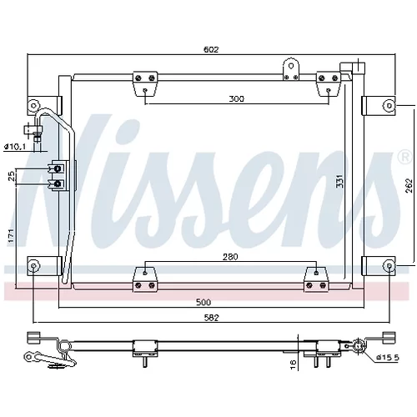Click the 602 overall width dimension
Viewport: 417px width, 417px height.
click(211, 49)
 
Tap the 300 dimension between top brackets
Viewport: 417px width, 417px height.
click(237, 98)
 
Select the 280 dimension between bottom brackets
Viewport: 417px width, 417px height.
click(230, 257)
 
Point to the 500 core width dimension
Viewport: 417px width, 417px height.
click(203, 302)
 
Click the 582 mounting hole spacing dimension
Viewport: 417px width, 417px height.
click(211, 318)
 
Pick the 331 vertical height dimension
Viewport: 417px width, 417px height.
click(339, 181)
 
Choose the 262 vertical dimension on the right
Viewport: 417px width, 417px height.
click(409, 186)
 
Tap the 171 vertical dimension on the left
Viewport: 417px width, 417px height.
click(11, 236)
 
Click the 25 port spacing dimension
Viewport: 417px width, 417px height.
click(11, 177)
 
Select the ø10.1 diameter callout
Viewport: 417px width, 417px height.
click(15, 147)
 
